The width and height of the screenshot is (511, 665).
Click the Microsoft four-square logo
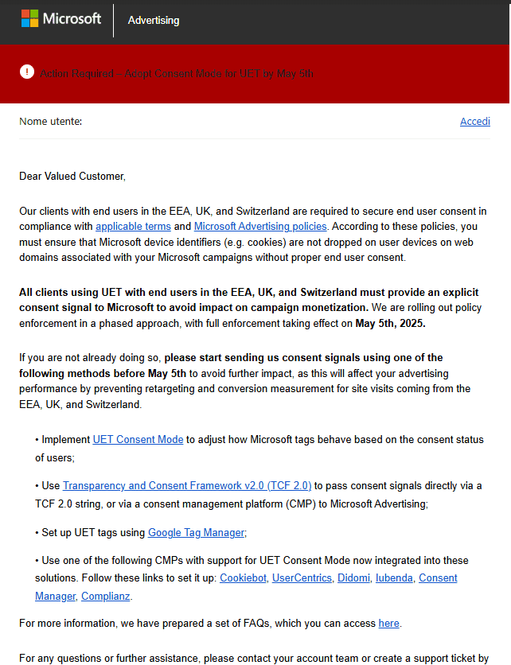click(x=30, y=18)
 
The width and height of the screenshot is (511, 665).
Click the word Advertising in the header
click(x=154, y=20)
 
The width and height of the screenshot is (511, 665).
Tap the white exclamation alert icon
click(x=27, y=72)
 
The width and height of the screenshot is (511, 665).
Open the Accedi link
click(x=474, y=122)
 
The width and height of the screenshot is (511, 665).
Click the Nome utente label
click(x=51, y=122)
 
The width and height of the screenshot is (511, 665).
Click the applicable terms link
click(x=133, y=226)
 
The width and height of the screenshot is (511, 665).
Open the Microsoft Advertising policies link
click(x=260, y=226)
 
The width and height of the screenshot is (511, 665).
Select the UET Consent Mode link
click(x=138, y=439)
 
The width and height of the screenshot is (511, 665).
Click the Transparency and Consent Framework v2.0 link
click(x=187, y=485)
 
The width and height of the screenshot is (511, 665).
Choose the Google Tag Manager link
click(x=197, y=532)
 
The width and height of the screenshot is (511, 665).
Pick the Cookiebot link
click(x=243, y=577)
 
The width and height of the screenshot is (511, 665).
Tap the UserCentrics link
click(x=302, y=577)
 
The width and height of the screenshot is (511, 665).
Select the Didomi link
click(x=353, y=577)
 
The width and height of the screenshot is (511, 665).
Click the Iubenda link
click(x=394, y=577)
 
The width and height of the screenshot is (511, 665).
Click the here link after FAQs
click(x=388, y=624)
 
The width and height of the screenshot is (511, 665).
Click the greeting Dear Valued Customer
click(x=72, y=176)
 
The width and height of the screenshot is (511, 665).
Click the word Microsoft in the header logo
click(x=72, y=18)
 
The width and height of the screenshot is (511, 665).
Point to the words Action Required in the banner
click(x=76, y=73)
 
